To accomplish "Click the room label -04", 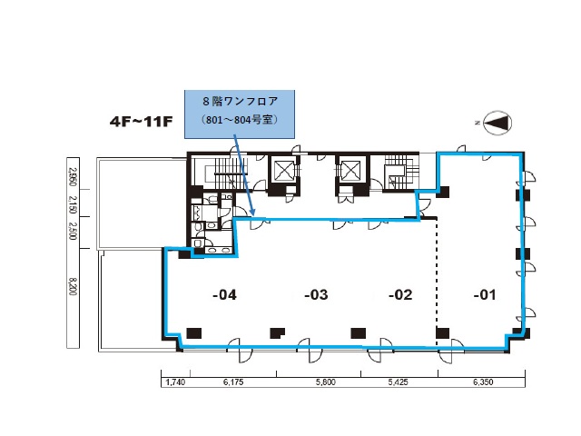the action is click(224, 294).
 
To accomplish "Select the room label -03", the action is click(316, 294).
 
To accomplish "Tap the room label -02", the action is click(400, 294).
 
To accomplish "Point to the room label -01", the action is click(485, 294).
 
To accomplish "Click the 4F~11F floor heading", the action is click(142, 122).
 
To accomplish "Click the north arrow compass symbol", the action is click(497, 123).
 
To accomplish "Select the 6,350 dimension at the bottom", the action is click(483, 381).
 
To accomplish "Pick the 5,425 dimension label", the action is click(399, 381).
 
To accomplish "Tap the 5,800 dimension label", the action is click(326, 381).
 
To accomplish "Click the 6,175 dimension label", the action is click(233, 381).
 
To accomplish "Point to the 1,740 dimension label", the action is click(175, 381).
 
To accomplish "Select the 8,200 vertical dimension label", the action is click(73, 286).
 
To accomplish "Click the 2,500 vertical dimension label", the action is click(73, 231).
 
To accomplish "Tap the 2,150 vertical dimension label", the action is click(73, 204).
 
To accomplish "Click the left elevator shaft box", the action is click(283, 170).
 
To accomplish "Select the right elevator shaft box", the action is click(350, 170).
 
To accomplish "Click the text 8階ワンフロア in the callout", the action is click(240, 101).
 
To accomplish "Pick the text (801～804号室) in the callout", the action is click(240, 120).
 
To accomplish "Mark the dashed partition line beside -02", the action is click(437, 282).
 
